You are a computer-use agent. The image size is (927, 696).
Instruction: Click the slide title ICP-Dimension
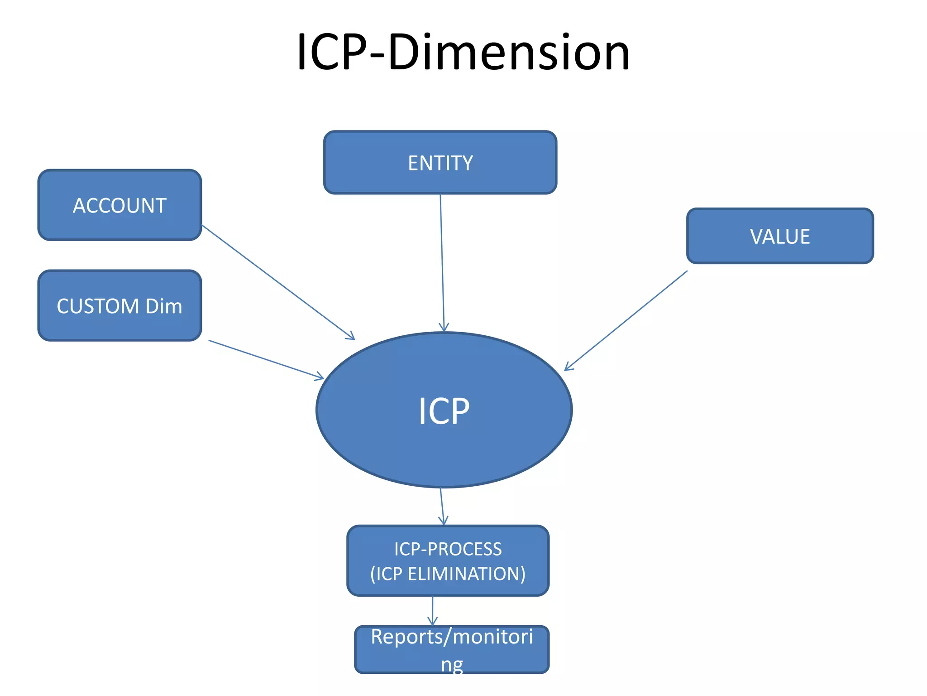coord(463,52)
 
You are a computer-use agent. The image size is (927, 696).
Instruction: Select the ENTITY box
coord(440,163)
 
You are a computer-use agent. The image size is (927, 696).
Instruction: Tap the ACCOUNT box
coord(119,205)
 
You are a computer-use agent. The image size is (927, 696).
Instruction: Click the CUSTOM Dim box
coord(119,306)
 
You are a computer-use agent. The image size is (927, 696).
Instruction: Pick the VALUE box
coord(780,236)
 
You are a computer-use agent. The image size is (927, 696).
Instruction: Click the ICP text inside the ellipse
coord(444,411)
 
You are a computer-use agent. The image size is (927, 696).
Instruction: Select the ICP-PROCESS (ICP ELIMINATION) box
coord(448,561)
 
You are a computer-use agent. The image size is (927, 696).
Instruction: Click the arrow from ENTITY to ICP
coord(442,263)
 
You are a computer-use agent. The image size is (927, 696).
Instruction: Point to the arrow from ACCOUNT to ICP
coord(278,282)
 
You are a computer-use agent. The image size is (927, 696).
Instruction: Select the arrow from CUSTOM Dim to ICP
coord(266,359)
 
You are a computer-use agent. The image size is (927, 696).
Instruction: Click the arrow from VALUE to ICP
coord(626,321)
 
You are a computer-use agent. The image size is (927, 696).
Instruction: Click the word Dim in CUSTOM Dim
coord(164,306)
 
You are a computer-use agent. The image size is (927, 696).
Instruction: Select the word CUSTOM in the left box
coord(97,306)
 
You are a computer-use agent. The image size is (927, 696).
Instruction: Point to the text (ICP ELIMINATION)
coord(448,574)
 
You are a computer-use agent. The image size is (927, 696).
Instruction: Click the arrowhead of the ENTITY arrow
coord(444,328)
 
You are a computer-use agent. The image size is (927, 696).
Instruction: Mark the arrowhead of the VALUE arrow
coord(568,367)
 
